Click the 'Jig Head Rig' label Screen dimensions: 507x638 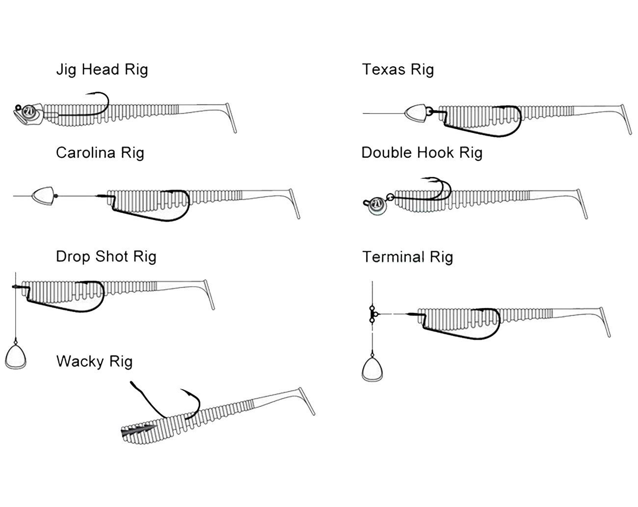coord(102,69)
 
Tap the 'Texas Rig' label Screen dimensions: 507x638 coord(398,69)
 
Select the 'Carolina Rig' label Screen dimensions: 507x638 coord(100,152)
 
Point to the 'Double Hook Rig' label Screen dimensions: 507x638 coord(422,152)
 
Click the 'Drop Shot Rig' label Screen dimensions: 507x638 coord(106,256)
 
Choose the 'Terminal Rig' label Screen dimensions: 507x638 coord(407,257)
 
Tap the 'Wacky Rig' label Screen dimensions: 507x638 coord(94,361)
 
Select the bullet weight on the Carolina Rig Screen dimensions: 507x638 coord(43,196)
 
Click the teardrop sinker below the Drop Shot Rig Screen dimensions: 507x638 coord(16,356)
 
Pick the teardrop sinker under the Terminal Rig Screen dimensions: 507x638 coord(373,368)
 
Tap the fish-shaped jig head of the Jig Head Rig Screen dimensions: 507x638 coord(27,113)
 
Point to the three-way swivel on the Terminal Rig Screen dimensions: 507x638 coord(372,313)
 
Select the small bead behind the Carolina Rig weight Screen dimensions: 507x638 coord(56,196)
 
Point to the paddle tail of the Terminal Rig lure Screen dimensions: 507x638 coord(605,322)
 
